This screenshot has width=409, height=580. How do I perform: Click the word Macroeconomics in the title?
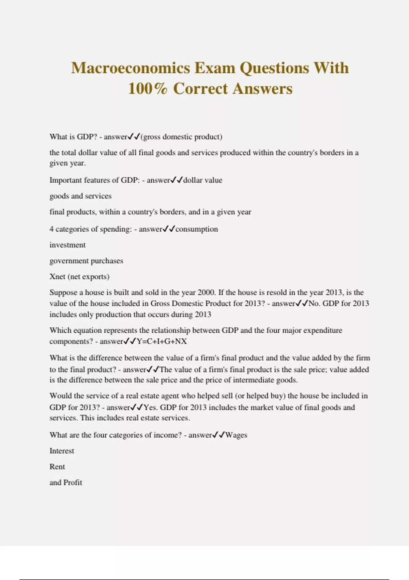(131, 68)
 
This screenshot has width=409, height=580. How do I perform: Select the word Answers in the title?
(263, 89)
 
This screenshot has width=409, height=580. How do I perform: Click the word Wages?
(236, 435)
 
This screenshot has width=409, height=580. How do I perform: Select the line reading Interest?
(62, 451)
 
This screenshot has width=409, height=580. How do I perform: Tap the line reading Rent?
(57, 467)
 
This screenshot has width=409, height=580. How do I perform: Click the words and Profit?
(66, 482)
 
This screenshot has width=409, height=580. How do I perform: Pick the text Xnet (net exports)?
(79, 277)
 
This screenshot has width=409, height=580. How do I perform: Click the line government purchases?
(86, 261)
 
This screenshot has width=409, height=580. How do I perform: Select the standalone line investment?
(67, 245)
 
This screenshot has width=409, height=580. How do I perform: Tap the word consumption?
(197, 229)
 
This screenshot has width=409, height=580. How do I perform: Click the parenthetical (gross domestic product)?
(181, 137)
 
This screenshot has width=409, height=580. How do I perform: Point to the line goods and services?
(80, 196)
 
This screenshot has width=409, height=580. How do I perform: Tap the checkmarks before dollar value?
(177, 180)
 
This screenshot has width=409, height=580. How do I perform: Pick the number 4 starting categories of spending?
(51, 229)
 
